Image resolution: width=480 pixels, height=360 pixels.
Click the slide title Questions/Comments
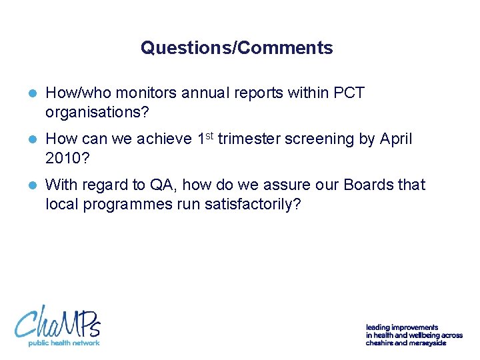237,48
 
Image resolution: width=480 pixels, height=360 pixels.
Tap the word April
396,139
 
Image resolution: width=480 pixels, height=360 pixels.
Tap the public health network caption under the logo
63,343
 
